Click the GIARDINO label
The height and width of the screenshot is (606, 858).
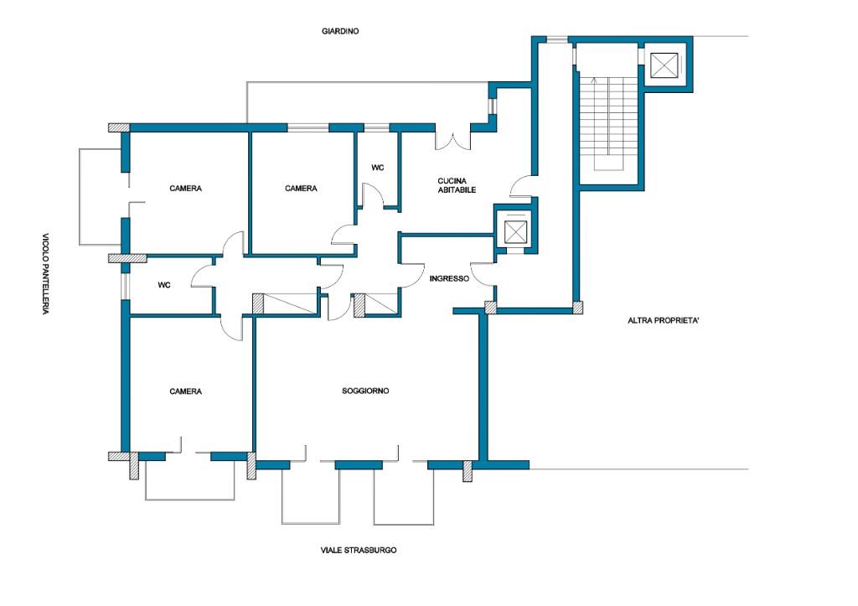pos(340,31)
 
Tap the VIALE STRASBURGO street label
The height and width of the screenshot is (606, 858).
pos(359,550)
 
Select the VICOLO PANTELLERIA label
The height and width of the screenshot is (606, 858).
pos(46,274)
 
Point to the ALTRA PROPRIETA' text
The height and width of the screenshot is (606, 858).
pos(664,321)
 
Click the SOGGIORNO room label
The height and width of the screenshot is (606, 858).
pos(365,391)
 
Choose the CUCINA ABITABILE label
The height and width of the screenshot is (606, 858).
pos(457,185)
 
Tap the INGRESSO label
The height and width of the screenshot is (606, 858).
pos(449,278)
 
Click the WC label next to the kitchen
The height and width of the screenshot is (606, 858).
pos(378,168)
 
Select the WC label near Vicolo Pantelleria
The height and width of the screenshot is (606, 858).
pos(164,285)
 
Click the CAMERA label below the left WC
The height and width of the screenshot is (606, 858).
pos(185,391)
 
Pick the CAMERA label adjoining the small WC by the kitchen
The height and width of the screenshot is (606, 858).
pos(301,189)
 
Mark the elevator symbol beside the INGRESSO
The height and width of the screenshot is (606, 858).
pos(515,232)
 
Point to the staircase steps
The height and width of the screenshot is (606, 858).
pos(609,123)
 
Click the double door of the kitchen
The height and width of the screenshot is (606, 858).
pos(452,138)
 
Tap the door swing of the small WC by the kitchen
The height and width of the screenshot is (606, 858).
pos(374,195)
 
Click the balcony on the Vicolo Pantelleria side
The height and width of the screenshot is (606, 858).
pos(101,196)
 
